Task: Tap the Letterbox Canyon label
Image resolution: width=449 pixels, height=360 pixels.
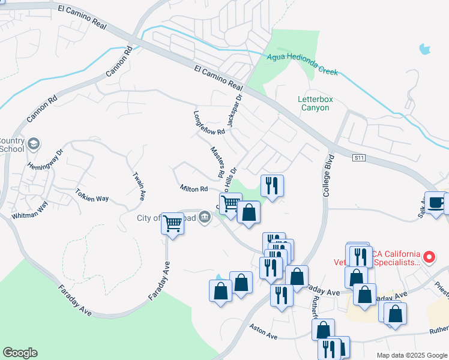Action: point(314,103)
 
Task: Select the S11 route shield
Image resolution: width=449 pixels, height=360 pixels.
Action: point(358,158)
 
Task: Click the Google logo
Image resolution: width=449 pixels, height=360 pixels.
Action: point(20,353)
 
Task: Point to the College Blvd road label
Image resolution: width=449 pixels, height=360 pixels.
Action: point(327,178)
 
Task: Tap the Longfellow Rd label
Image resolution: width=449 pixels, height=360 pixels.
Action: point(208,122)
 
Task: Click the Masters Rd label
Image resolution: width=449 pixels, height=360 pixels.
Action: point(217,161)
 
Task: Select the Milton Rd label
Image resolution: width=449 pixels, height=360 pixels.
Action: point(193,188)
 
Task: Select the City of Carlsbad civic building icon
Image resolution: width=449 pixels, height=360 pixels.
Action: point(204,218)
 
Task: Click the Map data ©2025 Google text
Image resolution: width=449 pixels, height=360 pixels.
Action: point(412,355)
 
